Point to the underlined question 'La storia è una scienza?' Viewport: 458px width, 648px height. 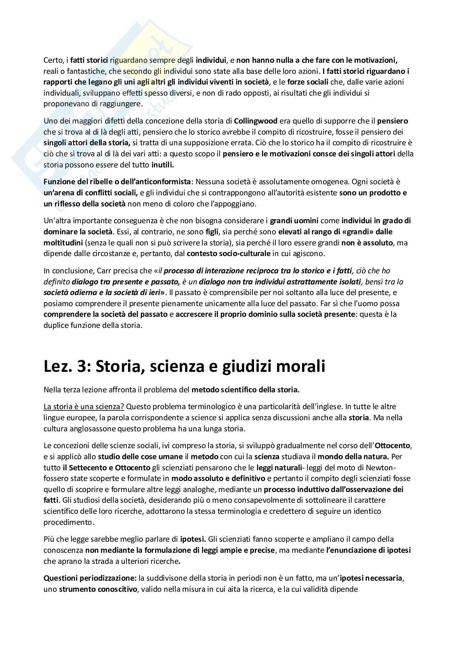pyautogui.click(x=84, y=407)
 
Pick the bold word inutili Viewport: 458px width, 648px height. pyautogui.click(x=162, y=165)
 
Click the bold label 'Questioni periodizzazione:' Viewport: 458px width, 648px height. pyautogui.click(x=90, y=578)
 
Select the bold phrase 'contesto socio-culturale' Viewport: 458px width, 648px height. pyautogui.click(x=229, y=254)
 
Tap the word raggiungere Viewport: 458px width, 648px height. pyautogui.click(x=123, y=104)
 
